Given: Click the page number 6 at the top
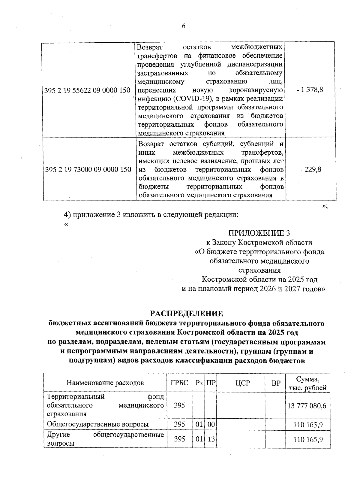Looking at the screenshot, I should coord(184,26).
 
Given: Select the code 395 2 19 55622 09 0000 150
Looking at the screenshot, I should coord(87,90).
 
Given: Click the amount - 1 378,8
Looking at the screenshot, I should coord(310,89).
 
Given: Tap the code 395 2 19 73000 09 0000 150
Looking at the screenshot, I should coord(88,170).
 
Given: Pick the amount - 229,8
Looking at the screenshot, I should coord(311,169).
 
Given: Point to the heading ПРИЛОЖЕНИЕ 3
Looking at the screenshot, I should coord(259,233).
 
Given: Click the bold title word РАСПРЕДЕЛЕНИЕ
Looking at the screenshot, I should coord(187,314).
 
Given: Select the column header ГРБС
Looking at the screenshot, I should coord(179,383).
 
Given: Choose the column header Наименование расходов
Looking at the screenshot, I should coord(105,383).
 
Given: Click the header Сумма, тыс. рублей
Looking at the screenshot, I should coord(307,383).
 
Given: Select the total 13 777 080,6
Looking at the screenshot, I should coord(307,406).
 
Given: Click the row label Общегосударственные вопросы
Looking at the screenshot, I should coord(98,424).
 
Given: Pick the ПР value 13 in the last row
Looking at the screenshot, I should coord(211,439).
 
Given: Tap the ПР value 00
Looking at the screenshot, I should coord(211,424).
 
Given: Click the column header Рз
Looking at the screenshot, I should coord(198,383).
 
